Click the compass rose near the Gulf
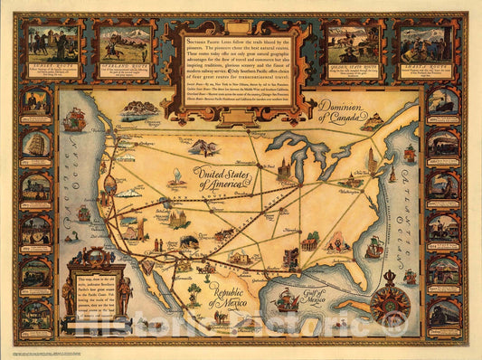tap(390, 299)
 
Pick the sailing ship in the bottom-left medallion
tap(36, 313)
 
